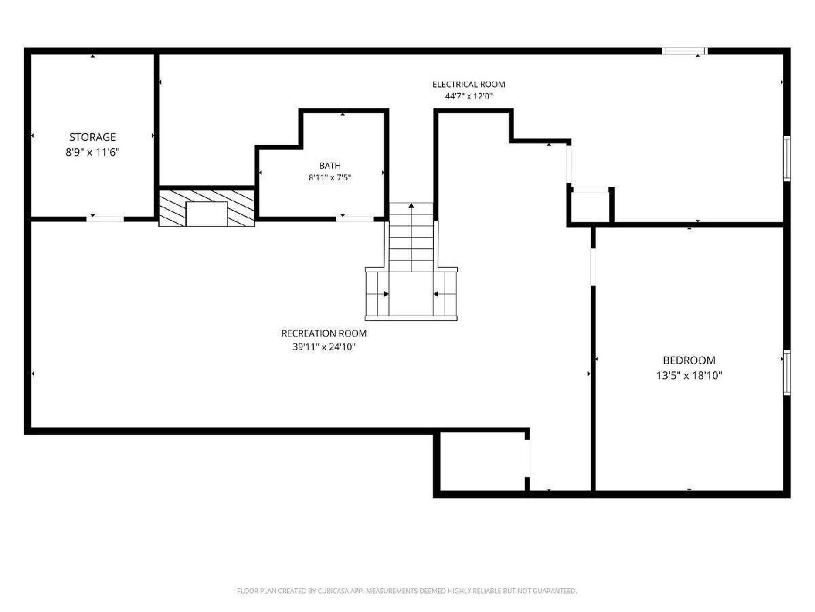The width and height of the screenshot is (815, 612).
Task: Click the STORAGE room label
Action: tap(92, 137)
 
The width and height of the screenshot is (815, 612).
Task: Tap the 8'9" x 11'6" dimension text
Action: tap(92, 152)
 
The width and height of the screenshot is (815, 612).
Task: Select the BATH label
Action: tap(329, 165)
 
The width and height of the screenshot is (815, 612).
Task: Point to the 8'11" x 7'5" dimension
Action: tap(329, 177)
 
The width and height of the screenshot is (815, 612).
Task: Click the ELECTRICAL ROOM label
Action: tap(469, 84)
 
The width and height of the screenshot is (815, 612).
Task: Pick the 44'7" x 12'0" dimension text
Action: tap(469, 97)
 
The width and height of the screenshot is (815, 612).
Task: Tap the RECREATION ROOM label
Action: tap(324, 333)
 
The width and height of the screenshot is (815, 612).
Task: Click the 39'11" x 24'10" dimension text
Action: tap(324, 347)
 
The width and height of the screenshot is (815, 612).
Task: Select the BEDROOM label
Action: tap(689, 360)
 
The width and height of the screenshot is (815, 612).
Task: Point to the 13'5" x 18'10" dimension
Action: tap(689, 375)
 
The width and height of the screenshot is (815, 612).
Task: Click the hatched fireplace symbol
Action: tap(206, 208)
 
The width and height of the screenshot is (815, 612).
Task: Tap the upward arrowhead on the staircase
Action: tap(411, 205)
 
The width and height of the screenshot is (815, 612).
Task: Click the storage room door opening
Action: tap(105, 219)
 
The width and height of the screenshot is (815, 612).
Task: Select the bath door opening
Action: tap(355, 219)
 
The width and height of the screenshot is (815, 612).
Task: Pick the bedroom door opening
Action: tap(593, 267)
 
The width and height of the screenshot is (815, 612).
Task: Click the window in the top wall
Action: tap(685, 51)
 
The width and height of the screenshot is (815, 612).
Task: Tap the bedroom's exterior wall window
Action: tap(786, 373)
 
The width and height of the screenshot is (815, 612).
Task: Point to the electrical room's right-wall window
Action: tap(786, 158)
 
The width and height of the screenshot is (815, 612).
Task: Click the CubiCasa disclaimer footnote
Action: tap(407, 590)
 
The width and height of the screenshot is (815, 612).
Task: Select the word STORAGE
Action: tap(92, 137)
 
